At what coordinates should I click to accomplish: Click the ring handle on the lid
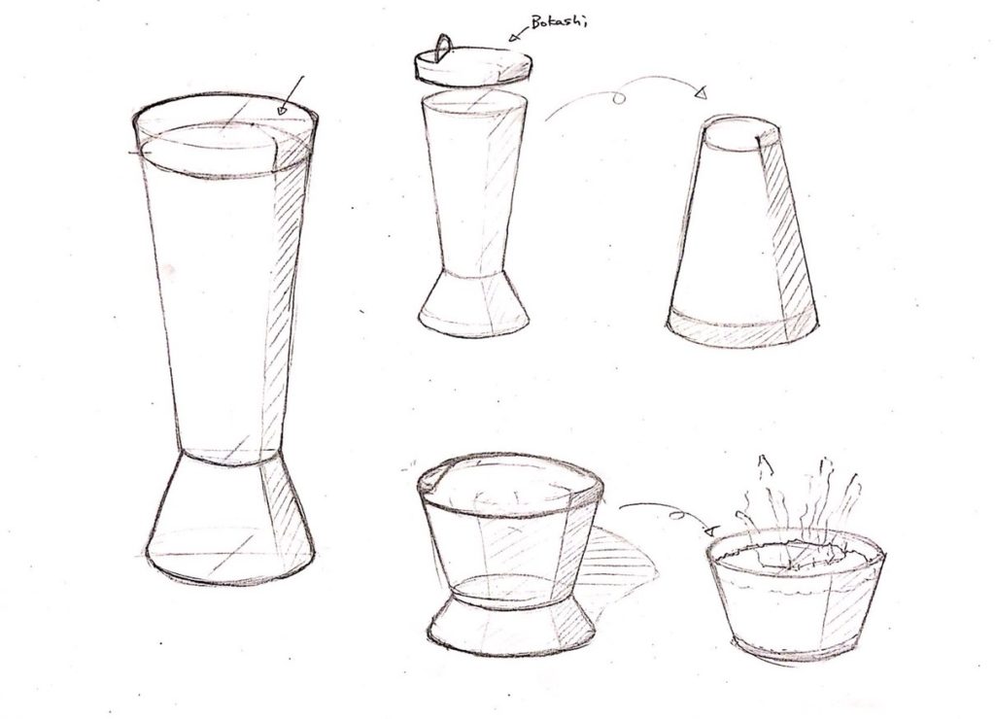click(x=443, y=49)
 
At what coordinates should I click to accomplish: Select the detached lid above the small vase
click(x=473, y=65)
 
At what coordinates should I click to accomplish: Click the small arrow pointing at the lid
click(x=515, y=34)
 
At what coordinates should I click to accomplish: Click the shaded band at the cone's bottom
click(x=742, y=328)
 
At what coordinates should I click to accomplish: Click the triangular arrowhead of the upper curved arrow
click(x=701, y=93)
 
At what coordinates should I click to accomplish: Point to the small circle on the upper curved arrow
click(x=619, y=98)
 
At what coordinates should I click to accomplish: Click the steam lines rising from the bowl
click(x=800, y=501)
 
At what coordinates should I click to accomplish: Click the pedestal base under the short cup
click(x=511, y=625)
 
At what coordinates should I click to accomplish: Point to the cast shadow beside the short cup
click(x=619, y=565)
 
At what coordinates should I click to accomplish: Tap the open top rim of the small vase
click(x=473, y=103)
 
